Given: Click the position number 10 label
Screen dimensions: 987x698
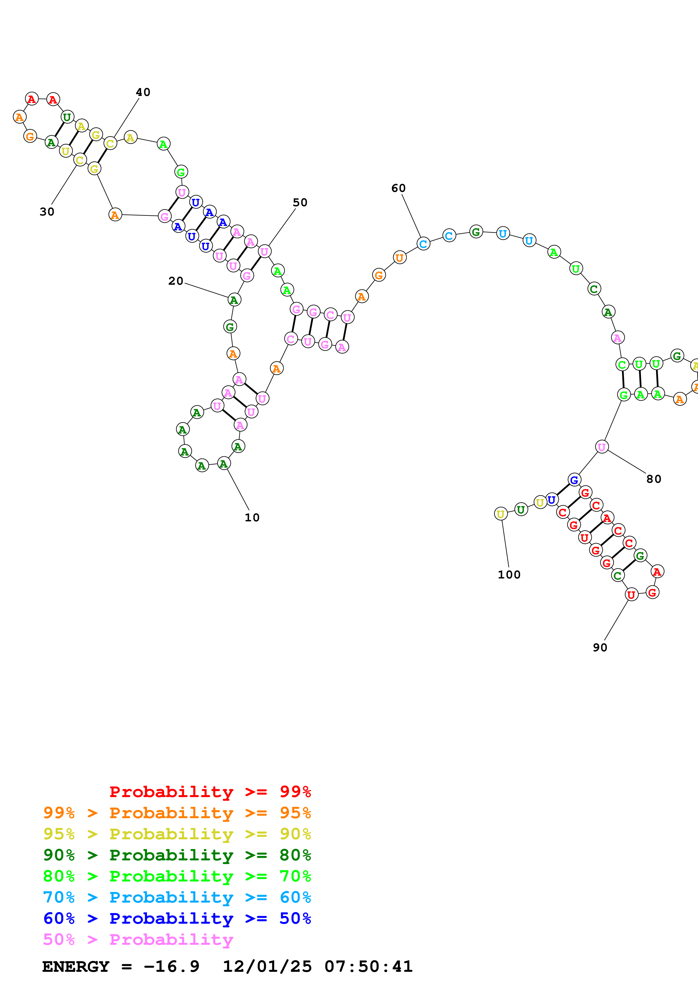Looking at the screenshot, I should (252, 518).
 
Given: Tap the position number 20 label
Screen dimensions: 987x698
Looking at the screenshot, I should (175, 281).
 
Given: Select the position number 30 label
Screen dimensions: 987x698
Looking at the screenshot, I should (47, 212).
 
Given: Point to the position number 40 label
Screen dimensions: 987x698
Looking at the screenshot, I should (143, 92).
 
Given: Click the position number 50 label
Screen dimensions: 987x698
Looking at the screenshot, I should (300, 203).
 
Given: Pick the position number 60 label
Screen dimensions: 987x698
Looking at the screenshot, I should (398, 188).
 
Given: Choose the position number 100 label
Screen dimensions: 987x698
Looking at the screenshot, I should (509, 575).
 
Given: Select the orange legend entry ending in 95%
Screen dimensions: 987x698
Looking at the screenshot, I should (177, 813).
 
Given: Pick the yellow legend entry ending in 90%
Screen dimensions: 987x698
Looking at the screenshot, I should (177, 834).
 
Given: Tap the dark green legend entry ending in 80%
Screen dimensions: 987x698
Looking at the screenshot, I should (177, 855).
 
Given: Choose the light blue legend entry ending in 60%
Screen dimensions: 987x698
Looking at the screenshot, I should (177, 897).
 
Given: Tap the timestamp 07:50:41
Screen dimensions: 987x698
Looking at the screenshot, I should (369, 966).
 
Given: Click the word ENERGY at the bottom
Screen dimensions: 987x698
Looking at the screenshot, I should (76, 966).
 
